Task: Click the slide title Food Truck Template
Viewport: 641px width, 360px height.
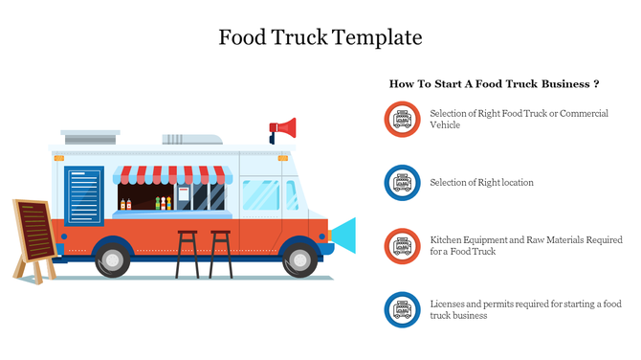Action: pos(320,38)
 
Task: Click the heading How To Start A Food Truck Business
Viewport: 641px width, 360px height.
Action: pos(494,84)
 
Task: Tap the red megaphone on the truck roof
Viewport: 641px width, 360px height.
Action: pos(284,127)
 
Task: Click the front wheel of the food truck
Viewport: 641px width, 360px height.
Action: pos(300,258)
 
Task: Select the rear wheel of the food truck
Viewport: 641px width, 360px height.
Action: pos(113,258)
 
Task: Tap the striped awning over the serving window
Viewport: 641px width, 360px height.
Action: pos(172,174)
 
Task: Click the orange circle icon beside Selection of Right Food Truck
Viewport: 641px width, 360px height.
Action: pos(403,120)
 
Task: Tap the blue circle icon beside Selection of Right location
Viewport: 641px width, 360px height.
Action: pos(403,182)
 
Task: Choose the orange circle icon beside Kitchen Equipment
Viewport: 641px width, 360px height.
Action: pos(403,245)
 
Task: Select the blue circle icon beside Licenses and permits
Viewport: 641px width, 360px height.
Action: pos(403,309)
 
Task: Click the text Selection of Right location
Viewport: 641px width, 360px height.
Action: pos(481,182)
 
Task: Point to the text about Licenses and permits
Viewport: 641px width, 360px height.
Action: pos(525,309)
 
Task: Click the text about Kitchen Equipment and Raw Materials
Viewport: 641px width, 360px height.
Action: pos(525,245)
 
